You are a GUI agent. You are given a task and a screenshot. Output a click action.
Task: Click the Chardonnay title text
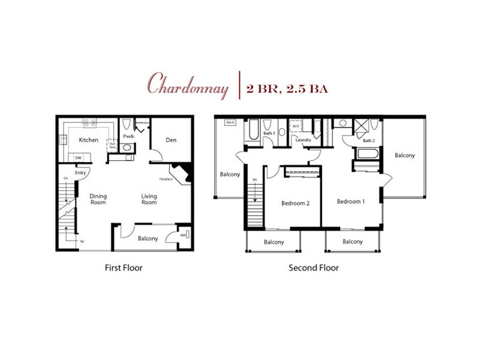(x=189, y=88)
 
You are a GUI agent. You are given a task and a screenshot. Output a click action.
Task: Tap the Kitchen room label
(x=89, y=140)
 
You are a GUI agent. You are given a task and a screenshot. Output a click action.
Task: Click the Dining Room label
(x=98, y=199)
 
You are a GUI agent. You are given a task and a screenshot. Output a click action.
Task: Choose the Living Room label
(x=149, y=199)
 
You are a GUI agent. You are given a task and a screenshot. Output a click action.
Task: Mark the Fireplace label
(x=166, y=178)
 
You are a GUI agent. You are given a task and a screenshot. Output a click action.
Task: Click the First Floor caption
(x=123, y=268)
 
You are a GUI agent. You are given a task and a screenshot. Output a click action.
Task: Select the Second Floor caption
(x=313, y=268)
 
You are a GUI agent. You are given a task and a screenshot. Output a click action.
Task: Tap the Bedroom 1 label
(x=350, y=201)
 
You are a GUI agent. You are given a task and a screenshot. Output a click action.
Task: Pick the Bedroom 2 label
(x=295, y=203)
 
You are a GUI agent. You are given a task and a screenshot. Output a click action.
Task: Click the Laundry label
(x=302, y=140)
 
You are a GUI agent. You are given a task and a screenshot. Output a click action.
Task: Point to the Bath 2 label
(x=368, y=140)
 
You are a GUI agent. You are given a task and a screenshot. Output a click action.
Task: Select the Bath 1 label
(x=270, y=133)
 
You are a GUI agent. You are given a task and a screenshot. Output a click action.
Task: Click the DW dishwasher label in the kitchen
(x=78, y=158)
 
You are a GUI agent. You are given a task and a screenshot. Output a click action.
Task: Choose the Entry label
(x=80, y=173)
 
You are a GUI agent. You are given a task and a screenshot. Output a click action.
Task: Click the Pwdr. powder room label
(x=128, y=136)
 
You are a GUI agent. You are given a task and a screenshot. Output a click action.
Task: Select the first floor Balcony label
(x=148, y=238)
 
